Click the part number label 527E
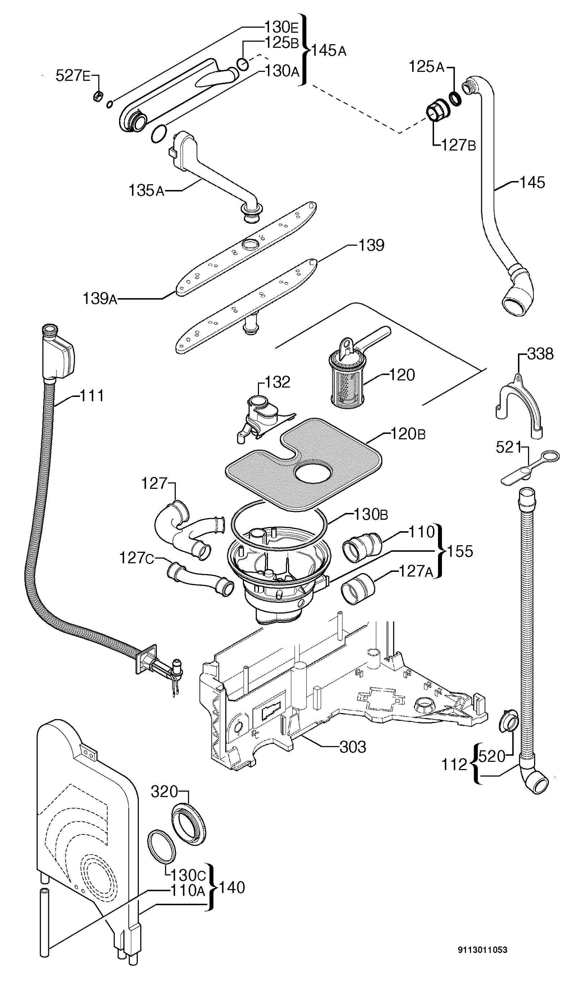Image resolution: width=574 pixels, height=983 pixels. (73, 75)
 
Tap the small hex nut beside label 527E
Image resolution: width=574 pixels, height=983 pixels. (98, 95)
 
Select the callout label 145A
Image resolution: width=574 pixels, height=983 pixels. (329, 50)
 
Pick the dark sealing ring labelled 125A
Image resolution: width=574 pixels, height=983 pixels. (455, 98)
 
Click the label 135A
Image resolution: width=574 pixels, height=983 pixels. (146, 190)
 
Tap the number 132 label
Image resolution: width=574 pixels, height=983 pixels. (277, 382)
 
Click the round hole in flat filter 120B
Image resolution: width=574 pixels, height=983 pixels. (313, 473)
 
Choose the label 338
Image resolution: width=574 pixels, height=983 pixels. (540, 354)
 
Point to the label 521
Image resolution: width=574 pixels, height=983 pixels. (509, 447)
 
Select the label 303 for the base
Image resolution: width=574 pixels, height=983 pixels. (353, 747)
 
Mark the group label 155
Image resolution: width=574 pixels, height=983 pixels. (460, 551)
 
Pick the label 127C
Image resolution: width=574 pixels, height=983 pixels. (136, 558)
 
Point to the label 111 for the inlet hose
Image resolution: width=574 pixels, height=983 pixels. (92, 396)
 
